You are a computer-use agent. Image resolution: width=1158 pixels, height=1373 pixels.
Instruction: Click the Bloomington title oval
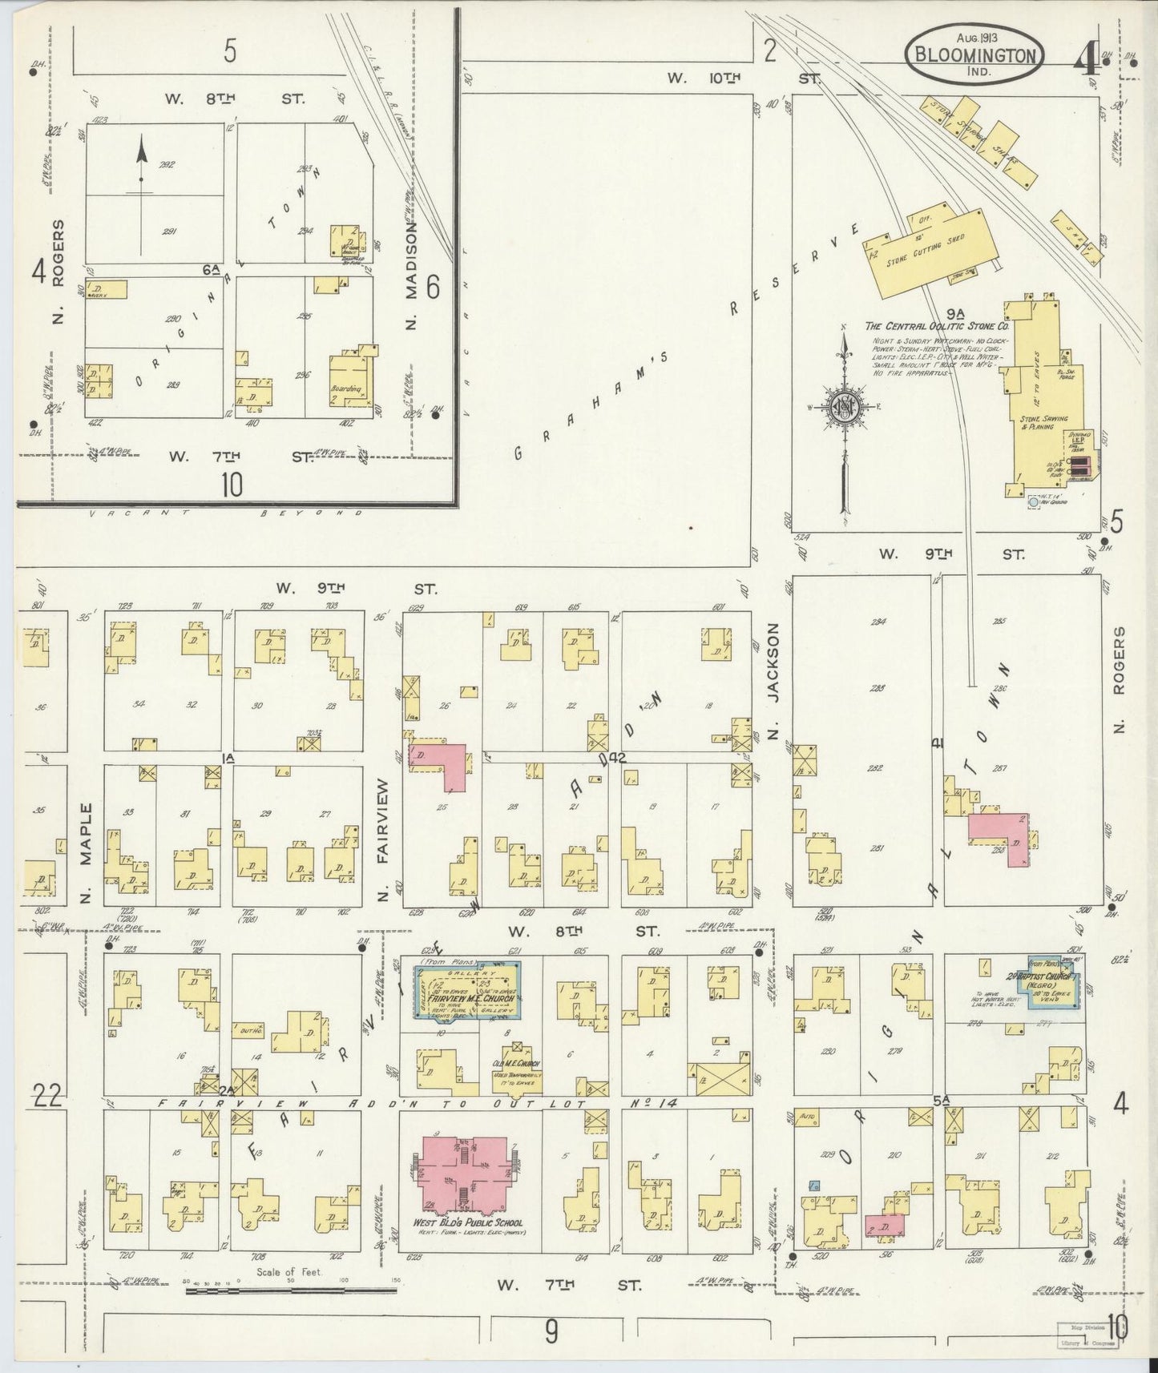click(x=974, y=55)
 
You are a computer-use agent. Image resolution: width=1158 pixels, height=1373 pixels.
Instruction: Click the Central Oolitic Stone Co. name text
click(x=936, y=327)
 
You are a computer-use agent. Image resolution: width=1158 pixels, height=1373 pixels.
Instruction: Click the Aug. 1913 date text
click(x=974, y=38)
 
